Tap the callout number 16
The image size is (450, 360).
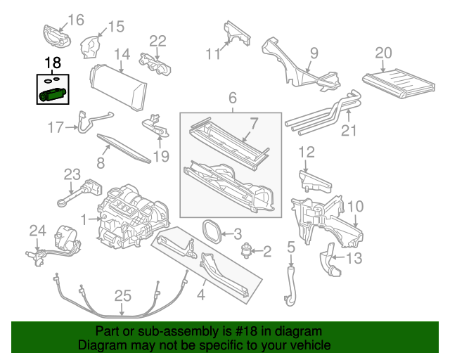(x=75, y=19)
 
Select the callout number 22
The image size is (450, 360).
(x=157, y=41)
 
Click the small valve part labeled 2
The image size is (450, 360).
(x=247, y=250)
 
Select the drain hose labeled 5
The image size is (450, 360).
(x=290, y=285)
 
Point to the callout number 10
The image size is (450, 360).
(x=355, y=206)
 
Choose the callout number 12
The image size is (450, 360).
(x=307, y=152)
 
